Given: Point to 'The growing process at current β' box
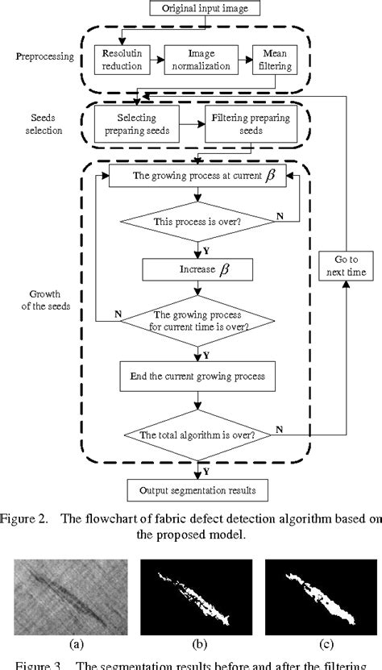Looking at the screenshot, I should click(197, 175).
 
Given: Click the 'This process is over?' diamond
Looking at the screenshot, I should click(197, 222).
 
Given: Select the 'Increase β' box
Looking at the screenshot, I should click(197, 268).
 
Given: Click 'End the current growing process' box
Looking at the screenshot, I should click(197, 376).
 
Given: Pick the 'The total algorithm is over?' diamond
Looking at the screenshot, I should click(197, 435).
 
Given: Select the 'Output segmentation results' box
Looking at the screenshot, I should click(197, 489).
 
